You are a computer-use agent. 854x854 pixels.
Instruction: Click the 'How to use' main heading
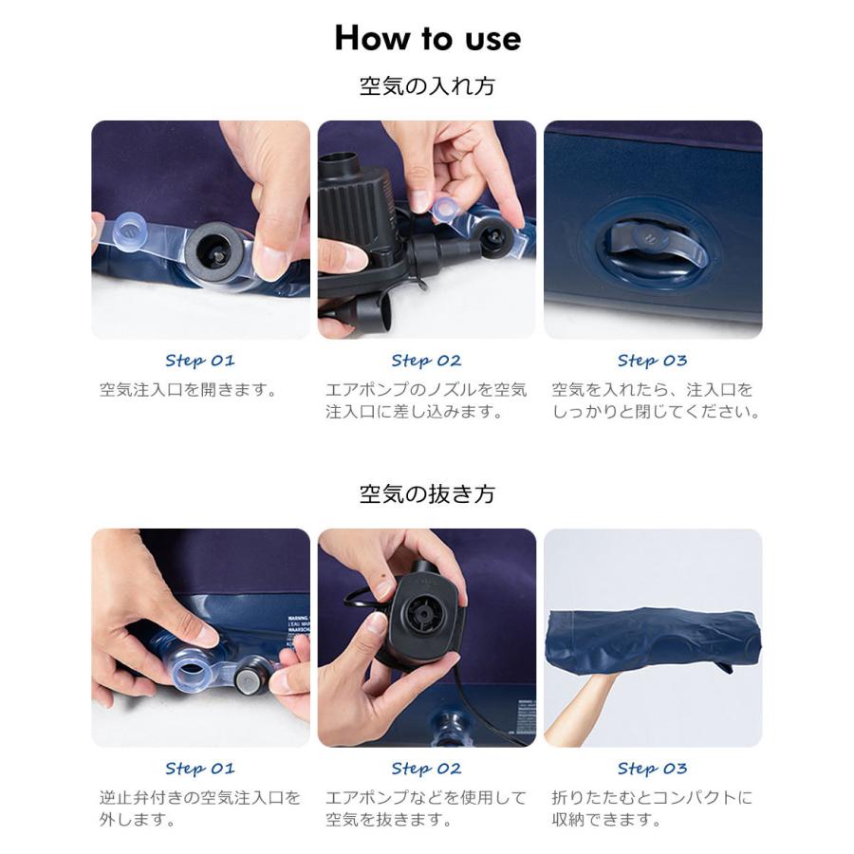(428, 38)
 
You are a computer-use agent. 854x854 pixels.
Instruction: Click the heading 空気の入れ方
(427, 86)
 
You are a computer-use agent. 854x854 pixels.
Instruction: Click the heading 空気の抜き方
(427, 494)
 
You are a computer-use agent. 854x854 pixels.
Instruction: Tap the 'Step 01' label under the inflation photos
(200, 361)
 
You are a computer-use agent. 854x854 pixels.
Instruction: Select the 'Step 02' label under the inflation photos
(426, 361)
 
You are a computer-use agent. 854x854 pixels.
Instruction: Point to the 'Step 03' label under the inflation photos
(653, 361)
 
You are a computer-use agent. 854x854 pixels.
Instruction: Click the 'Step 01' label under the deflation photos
(200, 769)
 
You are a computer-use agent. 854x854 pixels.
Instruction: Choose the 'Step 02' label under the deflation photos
(426, 769)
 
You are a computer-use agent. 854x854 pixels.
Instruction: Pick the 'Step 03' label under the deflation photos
(653, 769)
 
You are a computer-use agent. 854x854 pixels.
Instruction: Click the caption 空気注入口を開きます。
(189, 390)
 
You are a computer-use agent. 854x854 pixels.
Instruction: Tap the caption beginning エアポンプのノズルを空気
(426, 400)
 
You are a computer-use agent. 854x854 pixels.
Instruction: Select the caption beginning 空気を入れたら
(656, 400)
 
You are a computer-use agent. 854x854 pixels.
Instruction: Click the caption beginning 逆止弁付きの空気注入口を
(200, 808)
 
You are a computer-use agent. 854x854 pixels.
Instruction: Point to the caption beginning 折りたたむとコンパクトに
(652, 808)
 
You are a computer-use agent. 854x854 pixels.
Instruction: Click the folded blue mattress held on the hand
(654, 639)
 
